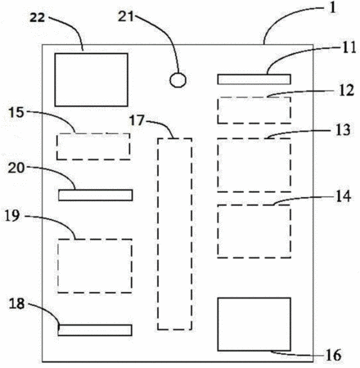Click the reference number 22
tap(37, 17)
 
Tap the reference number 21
tap(126, 16)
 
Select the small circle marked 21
tap(178, 80)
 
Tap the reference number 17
tap(137, 120)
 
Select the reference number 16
tap(333, 355)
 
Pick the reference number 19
tap(12, 216)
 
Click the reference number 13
tap(343, 130)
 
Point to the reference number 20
tap(16, 168)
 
